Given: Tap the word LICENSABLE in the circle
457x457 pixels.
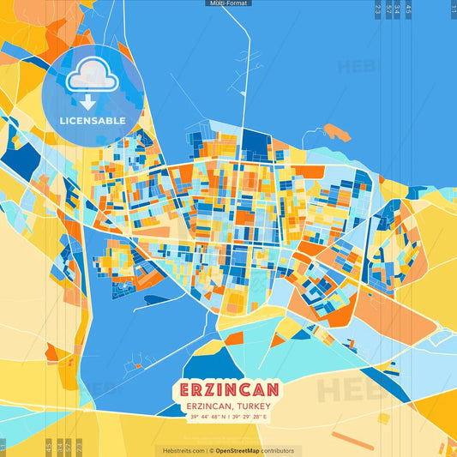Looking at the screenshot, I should [93, 120].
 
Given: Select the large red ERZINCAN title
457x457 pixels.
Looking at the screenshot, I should [228, 388].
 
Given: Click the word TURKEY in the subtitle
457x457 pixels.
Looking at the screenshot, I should [256, 405].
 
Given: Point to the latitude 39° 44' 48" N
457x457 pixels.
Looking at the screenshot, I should [207, 418].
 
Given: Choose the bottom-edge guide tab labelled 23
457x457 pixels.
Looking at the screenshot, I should [79, 447].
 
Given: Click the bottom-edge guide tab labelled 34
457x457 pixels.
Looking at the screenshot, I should [59, 447].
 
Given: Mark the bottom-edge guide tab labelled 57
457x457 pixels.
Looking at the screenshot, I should [68, 447].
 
